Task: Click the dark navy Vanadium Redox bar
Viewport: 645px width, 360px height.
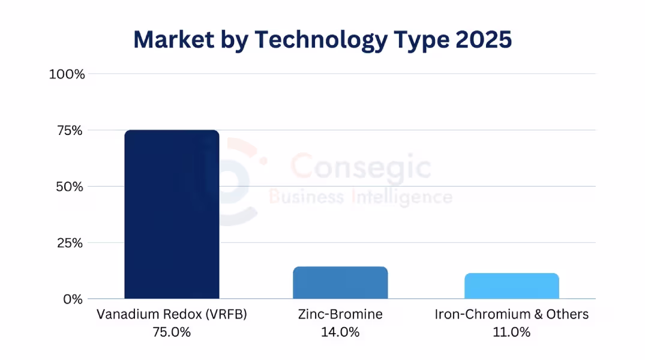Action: pyautogui.click(x=172, y=214)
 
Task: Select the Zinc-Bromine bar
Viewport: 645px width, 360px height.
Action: pyautogui.click(x=340, y=283)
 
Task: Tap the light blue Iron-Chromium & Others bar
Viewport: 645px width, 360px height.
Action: pyautogui.click(x=511, y=286)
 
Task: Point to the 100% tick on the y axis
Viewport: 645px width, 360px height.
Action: pyautogui.click(x=67, y=74)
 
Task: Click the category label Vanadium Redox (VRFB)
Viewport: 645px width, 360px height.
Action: pyautogui.click(x=172, y=314)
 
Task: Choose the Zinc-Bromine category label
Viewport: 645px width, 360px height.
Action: pyautogui.click(x=340, y=314)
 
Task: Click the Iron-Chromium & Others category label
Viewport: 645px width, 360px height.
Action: pyautogui.click(x=512, y=314)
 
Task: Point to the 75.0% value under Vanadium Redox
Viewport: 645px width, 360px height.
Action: pyautogui.click(x=172, y=332)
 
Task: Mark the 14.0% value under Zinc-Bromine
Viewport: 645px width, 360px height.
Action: pyautogui.click(x=340, y=332)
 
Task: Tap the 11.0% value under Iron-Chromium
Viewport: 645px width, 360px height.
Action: pyautogui.click(x=512, y=332)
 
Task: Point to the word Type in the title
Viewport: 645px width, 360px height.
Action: pyautogui.click(x=417, y=40)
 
